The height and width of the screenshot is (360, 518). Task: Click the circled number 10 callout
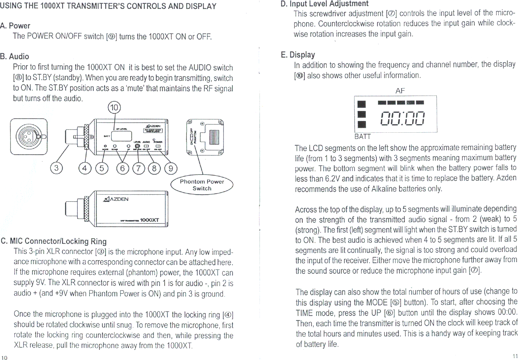coord(114,108)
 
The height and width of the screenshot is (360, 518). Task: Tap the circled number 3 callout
coord(56,168)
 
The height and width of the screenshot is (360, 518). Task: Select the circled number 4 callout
coord(85,168)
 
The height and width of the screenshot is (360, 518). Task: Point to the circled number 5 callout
coord(101,168)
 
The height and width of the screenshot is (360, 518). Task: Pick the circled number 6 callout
coord(122,168)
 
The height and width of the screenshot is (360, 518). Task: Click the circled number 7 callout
coord(138,168)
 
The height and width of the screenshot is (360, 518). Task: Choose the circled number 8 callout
coord(154,168)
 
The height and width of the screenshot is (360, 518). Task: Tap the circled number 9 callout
coord(171,168)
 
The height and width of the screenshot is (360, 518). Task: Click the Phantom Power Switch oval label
coord(202,185)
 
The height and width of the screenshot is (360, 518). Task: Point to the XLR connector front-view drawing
coord(29,136)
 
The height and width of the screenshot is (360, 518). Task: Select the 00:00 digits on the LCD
coord(402,118)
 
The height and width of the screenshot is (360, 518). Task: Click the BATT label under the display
coord(362,136)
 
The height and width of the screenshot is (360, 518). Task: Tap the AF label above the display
coord(400,91)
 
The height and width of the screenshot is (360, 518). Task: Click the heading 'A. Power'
coord(15,26)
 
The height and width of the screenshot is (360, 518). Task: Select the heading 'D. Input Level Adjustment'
coord(324,4)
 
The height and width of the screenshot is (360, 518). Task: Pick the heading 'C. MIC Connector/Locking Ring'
coord(54,241)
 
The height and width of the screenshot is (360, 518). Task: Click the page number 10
coord(4,358)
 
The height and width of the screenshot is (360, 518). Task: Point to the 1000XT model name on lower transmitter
coord(149,220)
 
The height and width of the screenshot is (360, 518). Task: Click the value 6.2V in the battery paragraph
coord(332,179)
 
